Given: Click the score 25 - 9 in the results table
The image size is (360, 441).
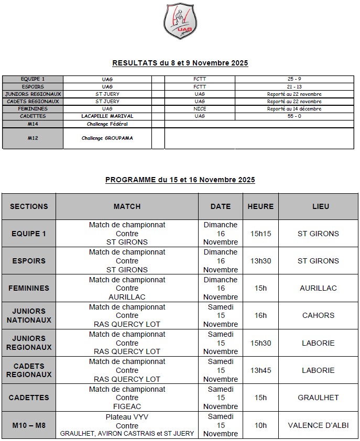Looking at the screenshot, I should pyautogui.click(x=291, y=79).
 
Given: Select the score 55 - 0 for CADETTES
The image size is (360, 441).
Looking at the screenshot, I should pyautogui.click(x=291, y=116).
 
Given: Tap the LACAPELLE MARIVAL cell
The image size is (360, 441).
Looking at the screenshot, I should pyautogui.click(x=107, y=116).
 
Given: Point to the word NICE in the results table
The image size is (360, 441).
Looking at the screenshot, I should pyautogui.click(x=200, y=108).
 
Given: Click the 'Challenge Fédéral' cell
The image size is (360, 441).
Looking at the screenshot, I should pyautogui.click(x=107, y=124).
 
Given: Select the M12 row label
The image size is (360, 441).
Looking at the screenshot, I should pyautogui.click(x=33, y=138).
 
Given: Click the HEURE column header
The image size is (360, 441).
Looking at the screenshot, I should pyautogui.click(x=260, y=206).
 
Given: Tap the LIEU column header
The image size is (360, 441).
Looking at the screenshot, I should pyautogui.click(x=318, y=206).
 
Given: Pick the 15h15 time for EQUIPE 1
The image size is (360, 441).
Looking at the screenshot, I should pyautogui.click(x=260, y=234).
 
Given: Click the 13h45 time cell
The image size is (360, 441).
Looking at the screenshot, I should pyautogui.click(x=260, y=370).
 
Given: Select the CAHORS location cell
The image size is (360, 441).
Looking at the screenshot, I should pyautogui.click(x=318, y=315).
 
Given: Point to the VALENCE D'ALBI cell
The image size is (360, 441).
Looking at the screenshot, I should pyautogui.click(x=318, y=425).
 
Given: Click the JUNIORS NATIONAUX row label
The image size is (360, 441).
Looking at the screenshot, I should pyautogui.click(x=29, y=315).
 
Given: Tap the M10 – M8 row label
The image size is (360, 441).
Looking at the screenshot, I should pyautogui.click(x=29, y=425).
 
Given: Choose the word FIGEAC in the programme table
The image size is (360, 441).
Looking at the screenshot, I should pyautogui.click(x=127, y=406).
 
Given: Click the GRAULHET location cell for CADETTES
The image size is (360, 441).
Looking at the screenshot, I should pyautogui.click(x=318, y=398).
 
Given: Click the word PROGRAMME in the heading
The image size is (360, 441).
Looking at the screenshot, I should pyautogui.click(x=130, y=180).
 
